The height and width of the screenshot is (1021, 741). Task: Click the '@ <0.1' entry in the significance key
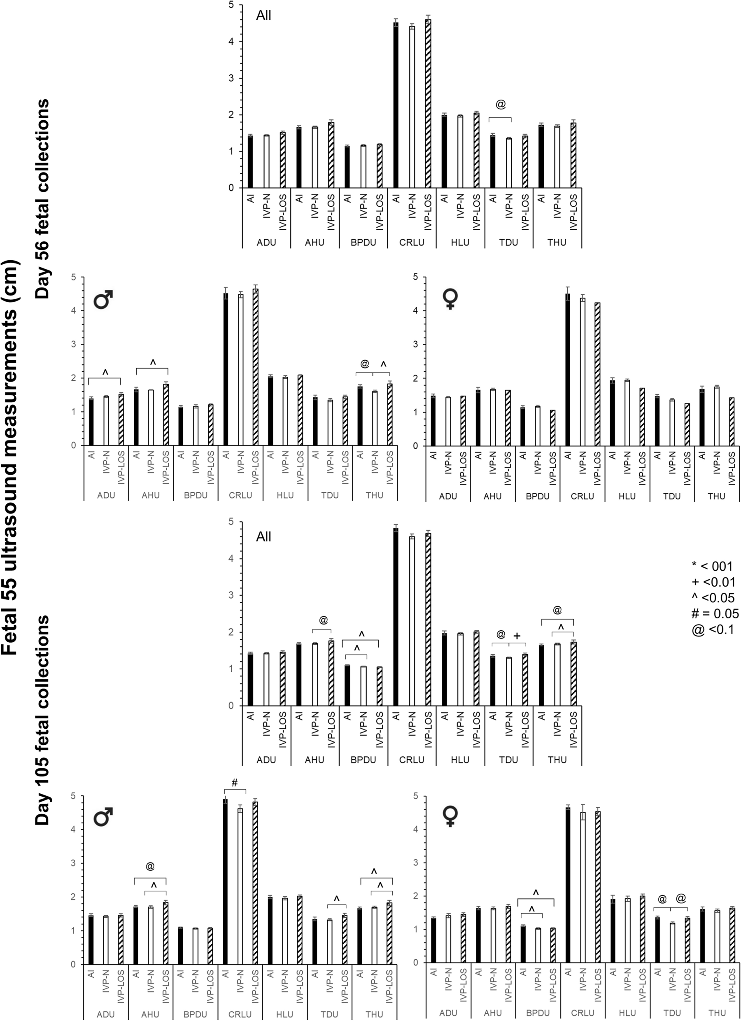click(713, 629)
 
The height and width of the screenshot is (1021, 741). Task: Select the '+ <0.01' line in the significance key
click(713, 582)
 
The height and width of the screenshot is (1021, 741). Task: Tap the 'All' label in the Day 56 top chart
click(263, 16)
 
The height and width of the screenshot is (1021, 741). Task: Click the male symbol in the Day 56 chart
click(103, 299)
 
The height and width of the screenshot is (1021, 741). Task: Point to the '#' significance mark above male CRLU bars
click(235, 783)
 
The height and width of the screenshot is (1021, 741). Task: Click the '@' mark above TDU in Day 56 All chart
click(500, 105)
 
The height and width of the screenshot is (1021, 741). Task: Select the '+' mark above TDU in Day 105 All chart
click(517, 636)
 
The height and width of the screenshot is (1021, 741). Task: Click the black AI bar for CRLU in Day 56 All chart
click(396, 106)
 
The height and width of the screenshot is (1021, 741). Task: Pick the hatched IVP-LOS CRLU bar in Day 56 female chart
click(597, 374)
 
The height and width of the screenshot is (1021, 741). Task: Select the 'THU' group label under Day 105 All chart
click(557, 760)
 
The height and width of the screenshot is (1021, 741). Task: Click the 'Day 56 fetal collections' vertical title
click(43, 198)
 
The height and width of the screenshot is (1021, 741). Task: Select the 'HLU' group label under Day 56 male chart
click(285, 495)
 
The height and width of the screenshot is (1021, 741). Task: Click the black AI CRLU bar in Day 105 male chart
click(226, 882)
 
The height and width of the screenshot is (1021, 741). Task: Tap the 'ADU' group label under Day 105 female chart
click(448, 1013)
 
